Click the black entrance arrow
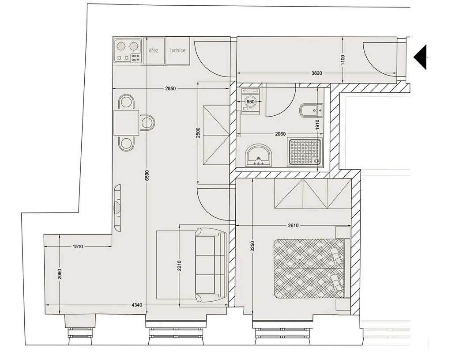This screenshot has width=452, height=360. coord(420,57)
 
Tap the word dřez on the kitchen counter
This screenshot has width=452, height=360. coord(153,50)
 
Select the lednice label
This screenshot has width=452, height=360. coord(177,50)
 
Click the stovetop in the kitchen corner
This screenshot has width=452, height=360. coord(128,51)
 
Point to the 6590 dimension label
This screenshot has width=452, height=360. coord(147,175)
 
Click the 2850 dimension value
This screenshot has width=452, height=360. coord(170,88)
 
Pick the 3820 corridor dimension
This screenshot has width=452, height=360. coord(316,73)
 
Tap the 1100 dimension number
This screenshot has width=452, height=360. coord(343,60)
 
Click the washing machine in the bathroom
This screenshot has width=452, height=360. coord(251,101)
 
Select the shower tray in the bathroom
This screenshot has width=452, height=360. coord(305,152)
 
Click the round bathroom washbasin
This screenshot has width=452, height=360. coord(259,155)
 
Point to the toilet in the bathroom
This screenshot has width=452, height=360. coord(311,110)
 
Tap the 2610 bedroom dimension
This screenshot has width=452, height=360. coord(293,225)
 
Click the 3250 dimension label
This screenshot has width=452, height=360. coord(252,246)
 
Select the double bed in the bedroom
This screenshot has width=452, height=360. coord(312,269)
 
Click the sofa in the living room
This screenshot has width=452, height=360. coord(210,265)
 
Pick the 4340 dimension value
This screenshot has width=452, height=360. coord(137,305)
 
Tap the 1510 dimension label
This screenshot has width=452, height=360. coord(78,246)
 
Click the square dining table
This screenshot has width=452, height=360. coord(126,123)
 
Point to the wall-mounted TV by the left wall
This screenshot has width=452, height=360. coord(117,208)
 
